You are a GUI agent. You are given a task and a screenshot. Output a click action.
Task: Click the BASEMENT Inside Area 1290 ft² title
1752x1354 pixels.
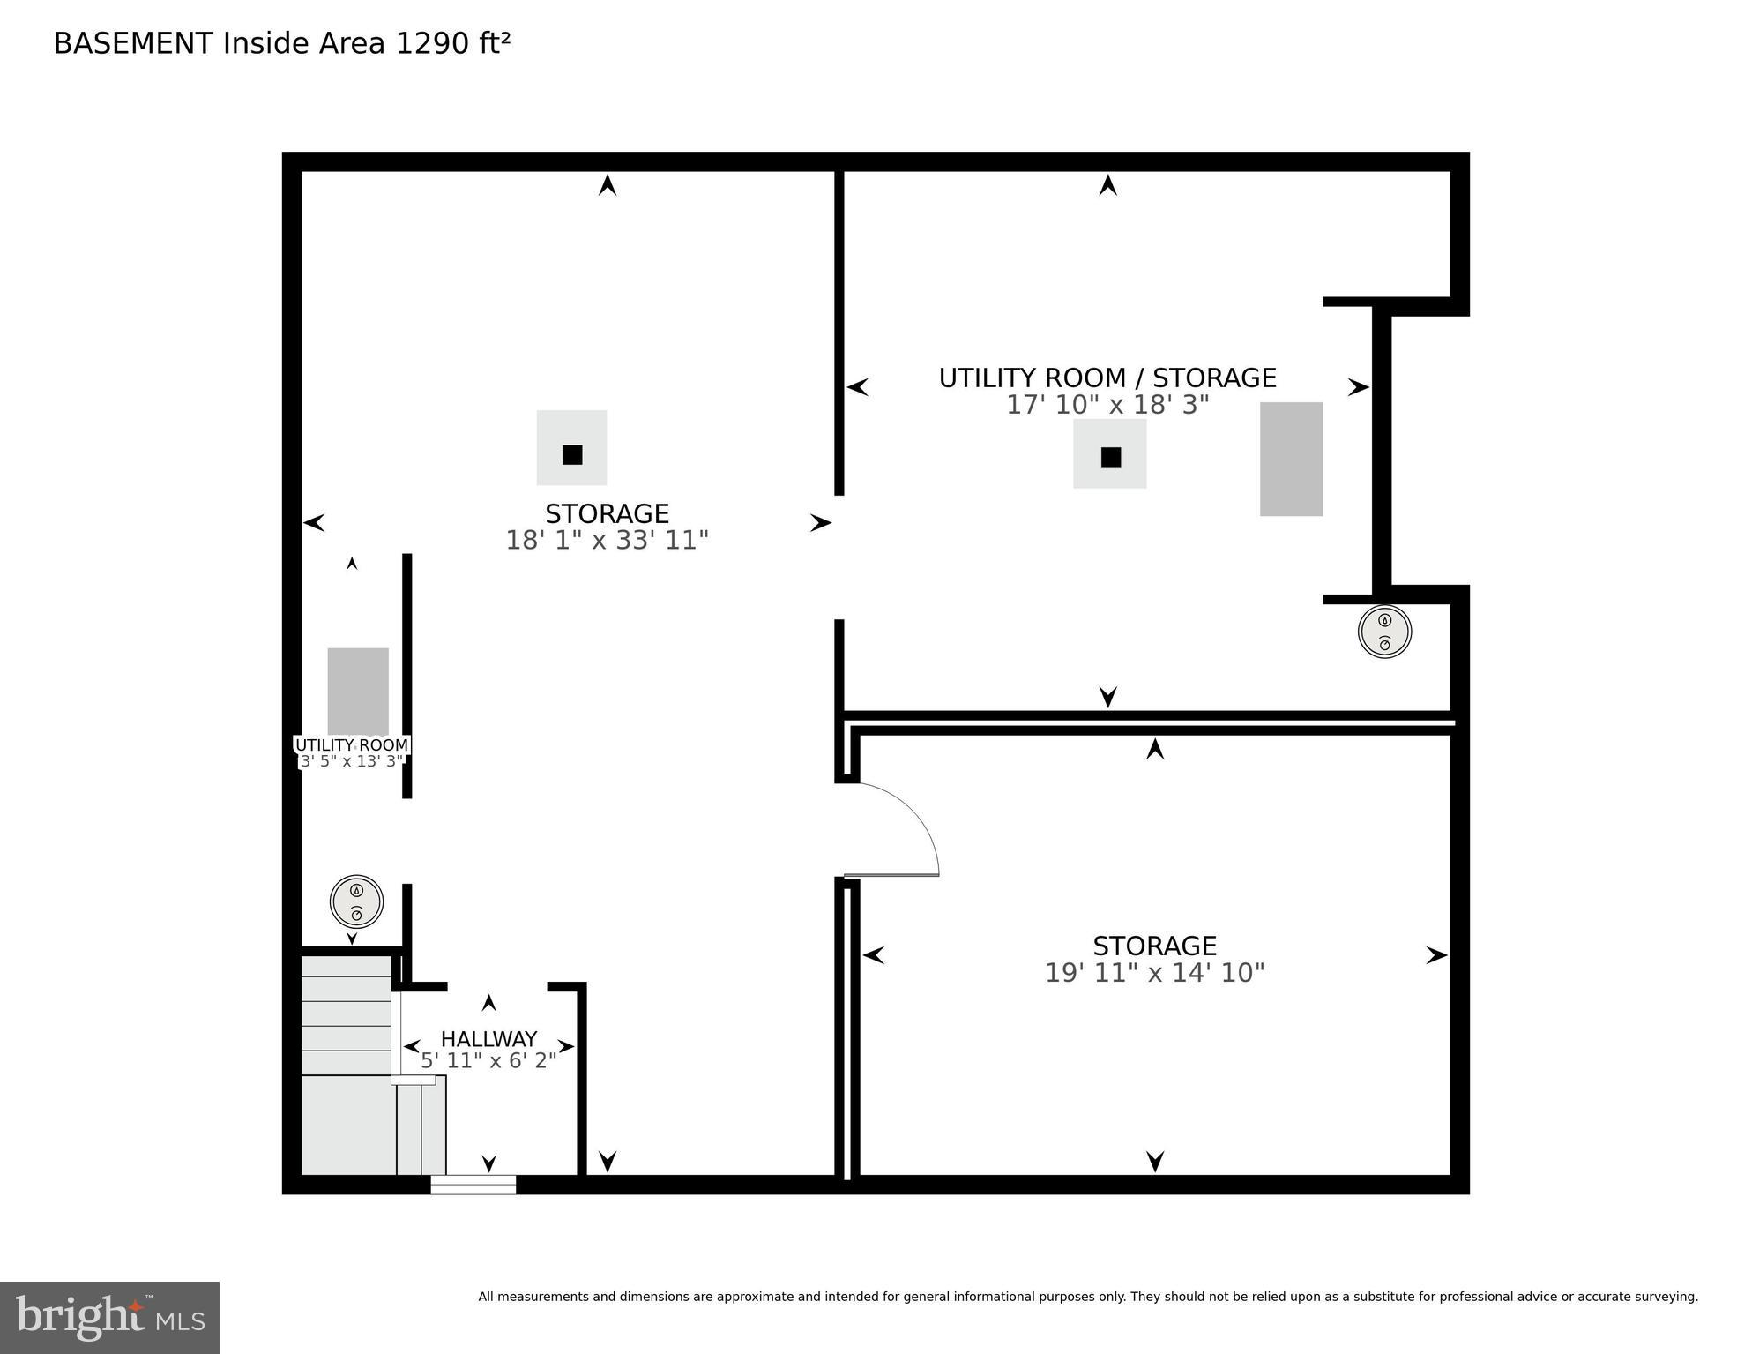click(282, 43)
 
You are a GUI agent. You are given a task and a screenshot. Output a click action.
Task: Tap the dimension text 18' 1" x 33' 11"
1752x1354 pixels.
click(607, 540)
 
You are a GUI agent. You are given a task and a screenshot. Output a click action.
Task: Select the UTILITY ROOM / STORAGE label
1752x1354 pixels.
click(1107, 378)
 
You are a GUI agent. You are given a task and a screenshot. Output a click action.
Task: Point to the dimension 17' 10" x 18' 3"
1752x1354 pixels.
click(1107, 405)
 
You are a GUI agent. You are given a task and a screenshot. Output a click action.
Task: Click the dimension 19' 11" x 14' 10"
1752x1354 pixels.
click(1154, 973)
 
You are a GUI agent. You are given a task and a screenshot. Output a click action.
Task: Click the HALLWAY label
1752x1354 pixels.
click(488, 1039)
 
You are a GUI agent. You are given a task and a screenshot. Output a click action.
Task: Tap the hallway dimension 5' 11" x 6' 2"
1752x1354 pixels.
click(488, 1060)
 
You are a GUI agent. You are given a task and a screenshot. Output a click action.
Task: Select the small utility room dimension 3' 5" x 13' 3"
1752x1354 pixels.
click(352, 761)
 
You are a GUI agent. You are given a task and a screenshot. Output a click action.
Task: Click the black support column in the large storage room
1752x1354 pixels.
click(572, 454)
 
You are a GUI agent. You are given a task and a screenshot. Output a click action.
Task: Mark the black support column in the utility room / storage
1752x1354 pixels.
click(1111, 457)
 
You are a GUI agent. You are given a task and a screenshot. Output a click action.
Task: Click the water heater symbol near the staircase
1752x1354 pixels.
click(356, 901)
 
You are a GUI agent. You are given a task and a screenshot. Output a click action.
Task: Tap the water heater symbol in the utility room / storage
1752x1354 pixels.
click(1384, 632)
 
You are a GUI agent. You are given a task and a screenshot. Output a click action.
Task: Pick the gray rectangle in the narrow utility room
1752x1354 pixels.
click(358, 691)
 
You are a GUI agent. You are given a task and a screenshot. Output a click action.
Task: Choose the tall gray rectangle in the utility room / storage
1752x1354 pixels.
click(1291, 459)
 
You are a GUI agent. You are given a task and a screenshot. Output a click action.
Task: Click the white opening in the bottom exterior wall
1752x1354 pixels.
click(473, 1185)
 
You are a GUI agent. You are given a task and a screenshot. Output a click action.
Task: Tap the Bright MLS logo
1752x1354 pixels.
click(109, 1317)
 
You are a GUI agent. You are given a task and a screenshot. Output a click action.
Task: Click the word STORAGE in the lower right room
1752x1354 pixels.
click(1154, 946)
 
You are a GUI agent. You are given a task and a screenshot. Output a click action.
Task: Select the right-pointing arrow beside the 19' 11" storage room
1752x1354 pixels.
click(1436, 955)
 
